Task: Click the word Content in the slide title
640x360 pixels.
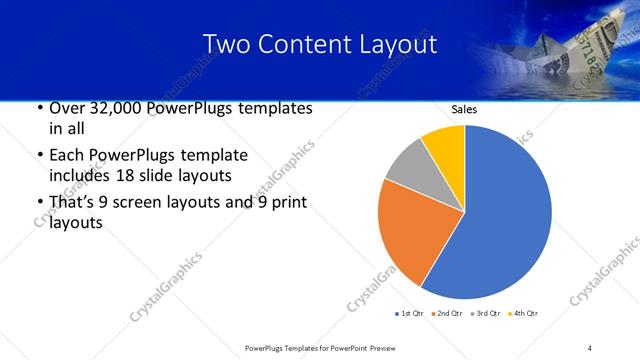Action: [x=312, y=44]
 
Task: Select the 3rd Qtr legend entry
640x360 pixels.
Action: [x=488, y=314]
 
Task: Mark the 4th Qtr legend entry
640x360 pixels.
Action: [x=526, y=314]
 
